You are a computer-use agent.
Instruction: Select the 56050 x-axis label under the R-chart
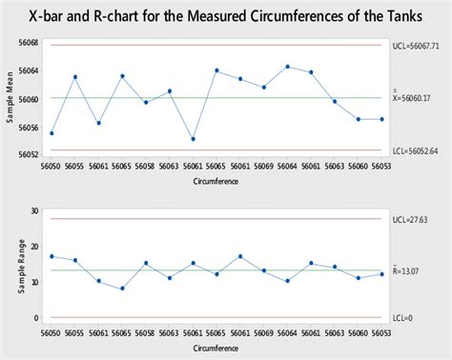coord(51,333)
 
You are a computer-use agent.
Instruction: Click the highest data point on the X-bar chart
coord(288,67)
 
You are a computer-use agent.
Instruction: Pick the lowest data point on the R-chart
coord(122,289)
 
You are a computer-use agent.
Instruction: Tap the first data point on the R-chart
coord(51,256)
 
